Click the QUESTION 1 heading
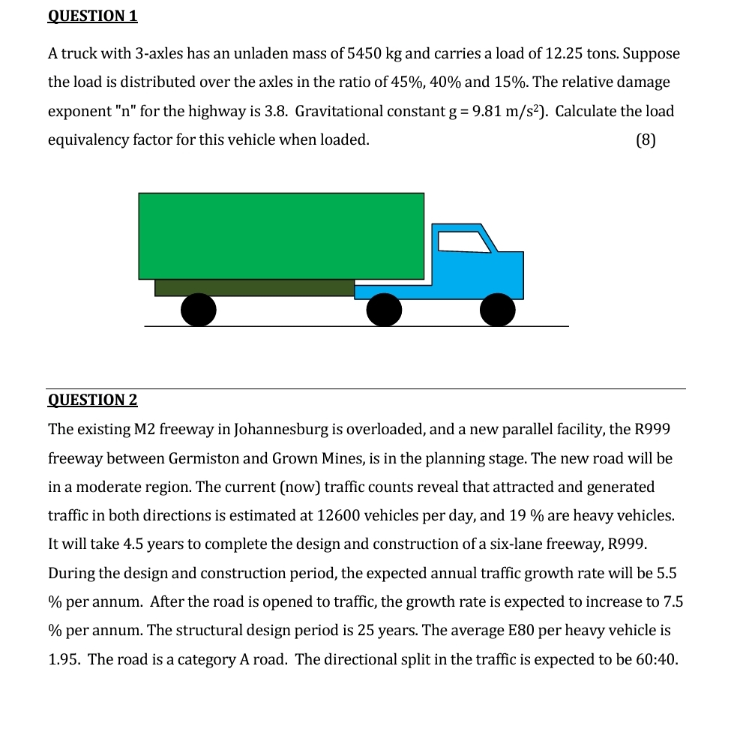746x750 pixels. [92, 16]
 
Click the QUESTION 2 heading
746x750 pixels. [92, 400]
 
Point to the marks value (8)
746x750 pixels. [645, 140]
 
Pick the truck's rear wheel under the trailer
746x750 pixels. [198, 310]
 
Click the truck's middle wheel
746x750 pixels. [384, 310]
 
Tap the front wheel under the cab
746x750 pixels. [498, 310]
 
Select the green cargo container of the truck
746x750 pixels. [281, 235]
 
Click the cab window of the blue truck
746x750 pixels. [464, 241]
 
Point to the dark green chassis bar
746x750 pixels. [254, 288]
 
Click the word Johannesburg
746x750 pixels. [281, 430]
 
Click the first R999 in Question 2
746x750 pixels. [652, 430]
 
